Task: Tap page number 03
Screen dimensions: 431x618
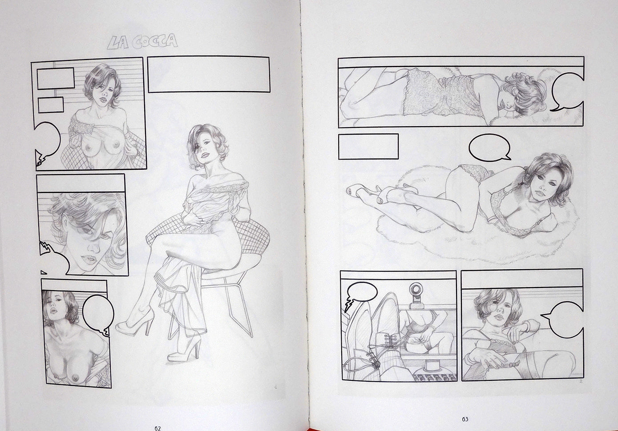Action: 465,419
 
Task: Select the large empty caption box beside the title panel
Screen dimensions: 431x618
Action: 209,75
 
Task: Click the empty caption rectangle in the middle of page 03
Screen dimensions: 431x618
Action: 368,147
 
